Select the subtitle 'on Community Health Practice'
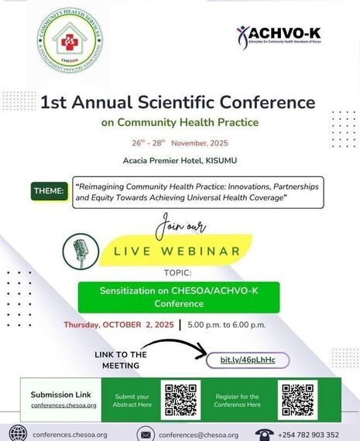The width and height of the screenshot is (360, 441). tap(180, 122)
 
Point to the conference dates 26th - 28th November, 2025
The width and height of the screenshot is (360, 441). tap(180, 144)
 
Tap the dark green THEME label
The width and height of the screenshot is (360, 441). tap(48, 191)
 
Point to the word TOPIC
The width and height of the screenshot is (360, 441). tap(179, 273)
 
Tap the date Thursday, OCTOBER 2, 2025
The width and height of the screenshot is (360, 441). tap(118, 325)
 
